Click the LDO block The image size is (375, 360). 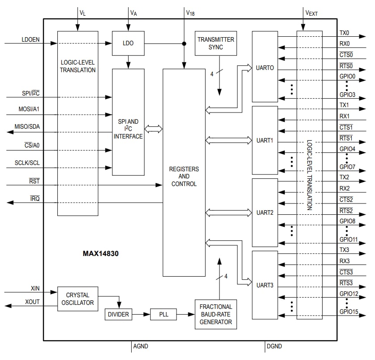[128, 43]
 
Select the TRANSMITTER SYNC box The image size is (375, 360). [216, 43]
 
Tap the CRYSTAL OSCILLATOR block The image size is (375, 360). [78, 299]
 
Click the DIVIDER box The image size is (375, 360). [118, 314]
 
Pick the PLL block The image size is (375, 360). [164, 314]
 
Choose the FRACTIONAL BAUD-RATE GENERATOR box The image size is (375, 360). [216, 314]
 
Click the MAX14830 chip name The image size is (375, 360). [101, 253]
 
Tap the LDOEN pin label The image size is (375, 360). [30, 39]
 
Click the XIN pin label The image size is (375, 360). [35, 289]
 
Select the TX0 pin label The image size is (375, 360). [344, 33]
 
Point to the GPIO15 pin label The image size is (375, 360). [349, 312]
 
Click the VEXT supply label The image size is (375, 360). [311, 13]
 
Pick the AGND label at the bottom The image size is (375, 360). [140, 346]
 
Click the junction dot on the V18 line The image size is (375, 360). [184, 43]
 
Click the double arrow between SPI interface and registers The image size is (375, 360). [154, 129]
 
